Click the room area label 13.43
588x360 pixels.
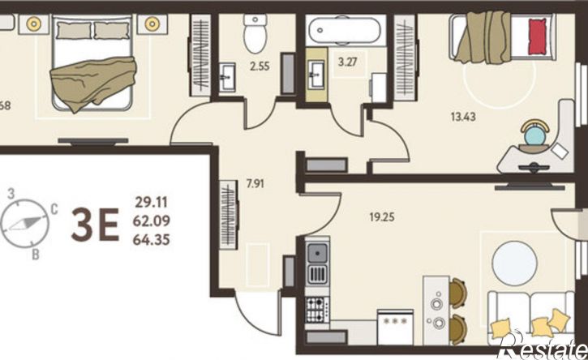[463, 117]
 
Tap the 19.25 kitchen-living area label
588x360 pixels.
[382, 217]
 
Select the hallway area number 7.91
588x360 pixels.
[255, 184]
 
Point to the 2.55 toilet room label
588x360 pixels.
[260, 66]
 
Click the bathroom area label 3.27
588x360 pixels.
[348, 62]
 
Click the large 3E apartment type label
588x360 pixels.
[95, 225]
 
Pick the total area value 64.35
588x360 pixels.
[152, 240]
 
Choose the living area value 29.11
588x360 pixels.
[151, 203]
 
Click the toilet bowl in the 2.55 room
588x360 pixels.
[255, 34]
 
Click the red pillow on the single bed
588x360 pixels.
[538, 36]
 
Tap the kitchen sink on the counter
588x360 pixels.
[317, 253]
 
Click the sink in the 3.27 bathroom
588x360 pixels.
[316, 75]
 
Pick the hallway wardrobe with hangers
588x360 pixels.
[229, 215]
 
